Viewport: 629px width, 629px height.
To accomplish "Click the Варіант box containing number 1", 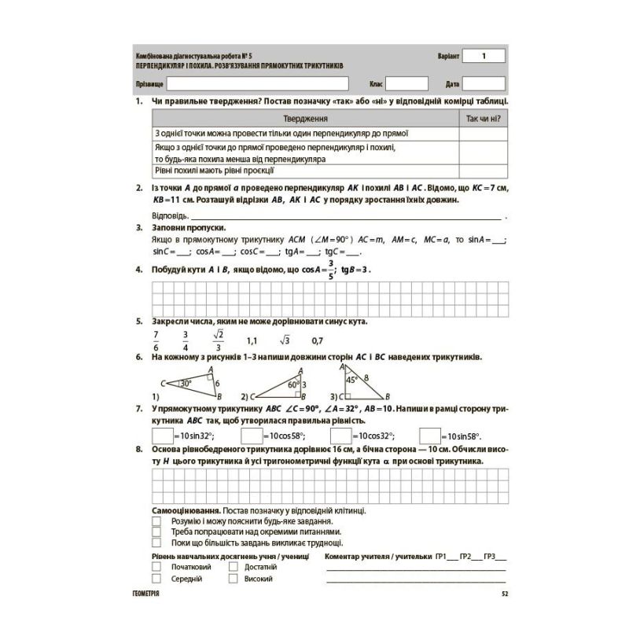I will pyautogui.click(x=484, y=56).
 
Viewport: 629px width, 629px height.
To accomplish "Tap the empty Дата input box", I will pyautogui.click(x=484, y=83).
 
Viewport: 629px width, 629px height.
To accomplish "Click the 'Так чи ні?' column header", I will pyautogui.click(x=484, y=119).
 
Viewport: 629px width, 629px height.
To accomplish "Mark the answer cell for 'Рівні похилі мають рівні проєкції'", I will pyautogui.click(x=484, y=169).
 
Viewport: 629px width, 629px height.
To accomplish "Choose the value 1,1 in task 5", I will pyautogui.click(x=252, y=341).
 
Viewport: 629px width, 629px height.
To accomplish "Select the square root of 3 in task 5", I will pyautogui.click(x=284, y=341).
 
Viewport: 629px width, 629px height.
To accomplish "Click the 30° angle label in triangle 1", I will pyautogui.click(x=186, y=383).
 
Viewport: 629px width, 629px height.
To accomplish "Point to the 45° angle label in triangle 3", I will pyautogui.click(x=354, y=378).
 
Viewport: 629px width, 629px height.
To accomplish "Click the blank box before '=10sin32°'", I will pyautogui.click(x=161, y=435).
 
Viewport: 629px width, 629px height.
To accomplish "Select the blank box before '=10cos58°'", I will pyautogui.click(x=251, y=435).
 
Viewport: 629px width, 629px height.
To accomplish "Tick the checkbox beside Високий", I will pyautogui.click(x=234, y=579).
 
